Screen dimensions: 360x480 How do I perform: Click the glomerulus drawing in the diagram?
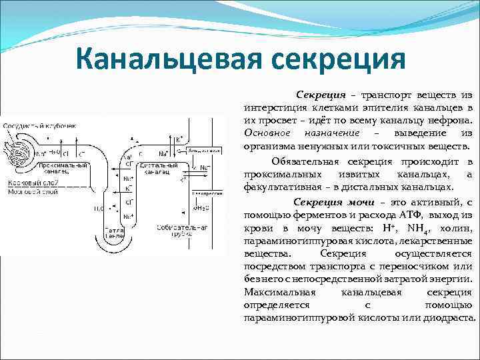(17, 147)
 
